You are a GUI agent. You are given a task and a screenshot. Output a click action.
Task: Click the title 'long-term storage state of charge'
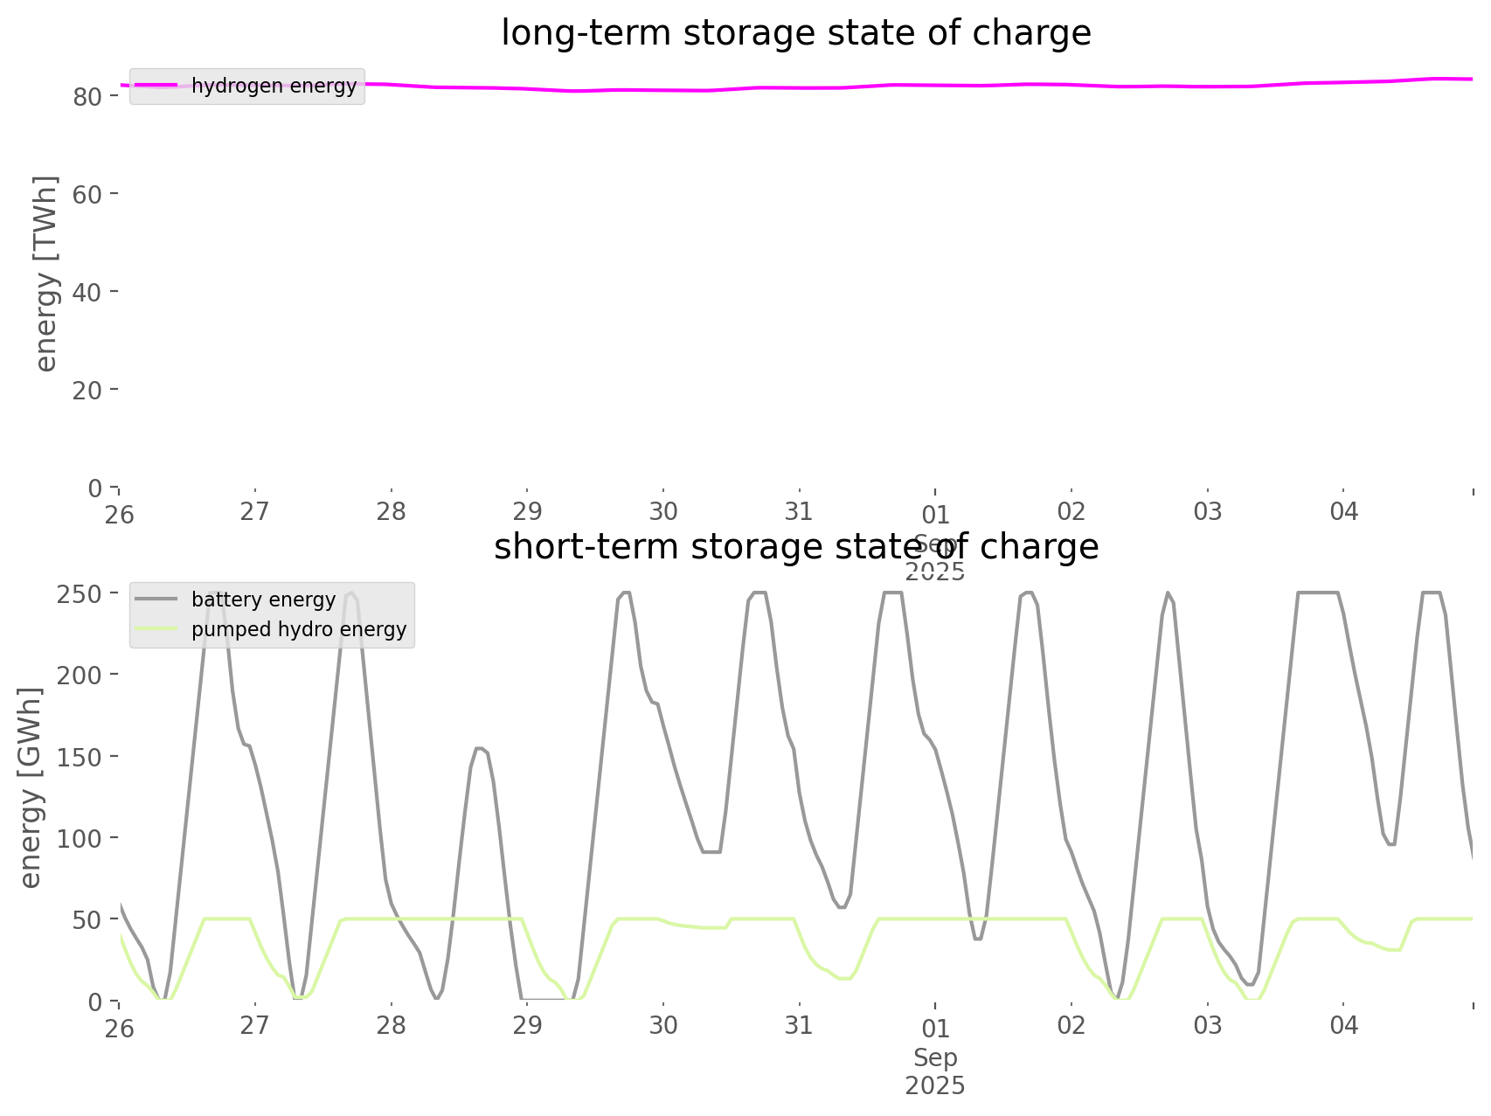(x=795, y=33)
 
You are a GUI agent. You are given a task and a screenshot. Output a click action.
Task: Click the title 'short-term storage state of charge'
(x=795, y=547)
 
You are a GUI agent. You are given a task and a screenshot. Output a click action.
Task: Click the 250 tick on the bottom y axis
(x=79, y=593)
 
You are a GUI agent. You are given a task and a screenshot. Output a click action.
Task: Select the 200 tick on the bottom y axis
(x=79, y=675)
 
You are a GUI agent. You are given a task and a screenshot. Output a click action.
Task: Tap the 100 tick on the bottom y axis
(x=79, y=838)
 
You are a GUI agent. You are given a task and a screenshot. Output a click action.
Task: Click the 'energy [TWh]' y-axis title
(x=46, y=274)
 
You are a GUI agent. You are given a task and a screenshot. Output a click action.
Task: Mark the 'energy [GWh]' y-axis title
(x=31, y=787)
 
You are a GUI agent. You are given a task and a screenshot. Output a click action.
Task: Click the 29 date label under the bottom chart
(x=527, y=1025)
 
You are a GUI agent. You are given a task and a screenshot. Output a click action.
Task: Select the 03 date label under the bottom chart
(x=1208, y=1025)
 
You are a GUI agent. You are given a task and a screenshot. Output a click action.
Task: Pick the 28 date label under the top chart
(x=392, y=511)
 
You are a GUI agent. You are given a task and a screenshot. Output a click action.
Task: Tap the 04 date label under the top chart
(x=1344, y=511)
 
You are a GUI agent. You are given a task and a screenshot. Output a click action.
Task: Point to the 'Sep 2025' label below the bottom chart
(x=935, y=1071)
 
